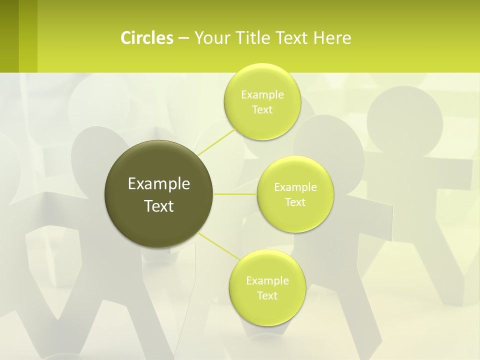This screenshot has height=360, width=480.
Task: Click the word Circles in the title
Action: click(x=146, y=38)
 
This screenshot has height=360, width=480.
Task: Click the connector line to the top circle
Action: click(x=217, y=142)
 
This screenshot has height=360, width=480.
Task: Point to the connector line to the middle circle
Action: click(x=235, y=194)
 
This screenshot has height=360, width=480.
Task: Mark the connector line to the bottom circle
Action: click(x=219, y=246)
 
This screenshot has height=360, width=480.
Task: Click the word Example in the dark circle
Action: click(x=159, y=184)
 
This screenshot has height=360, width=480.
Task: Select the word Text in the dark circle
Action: click(x=159, y=206)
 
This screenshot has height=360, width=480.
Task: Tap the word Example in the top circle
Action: click(x=262, y=95)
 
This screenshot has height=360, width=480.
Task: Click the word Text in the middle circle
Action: click(x=295, y=202)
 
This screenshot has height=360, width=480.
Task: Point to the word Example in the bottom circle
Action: click(x=267, y=281)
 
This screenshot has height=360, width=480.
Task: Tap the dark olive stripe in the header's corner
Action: click(x=9, y=36)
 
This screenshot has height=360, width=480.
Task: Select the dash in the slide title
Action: click(x=183, y=38)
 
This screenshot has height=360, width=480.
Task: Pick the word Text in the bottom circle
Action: click(x=267, y=296)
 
